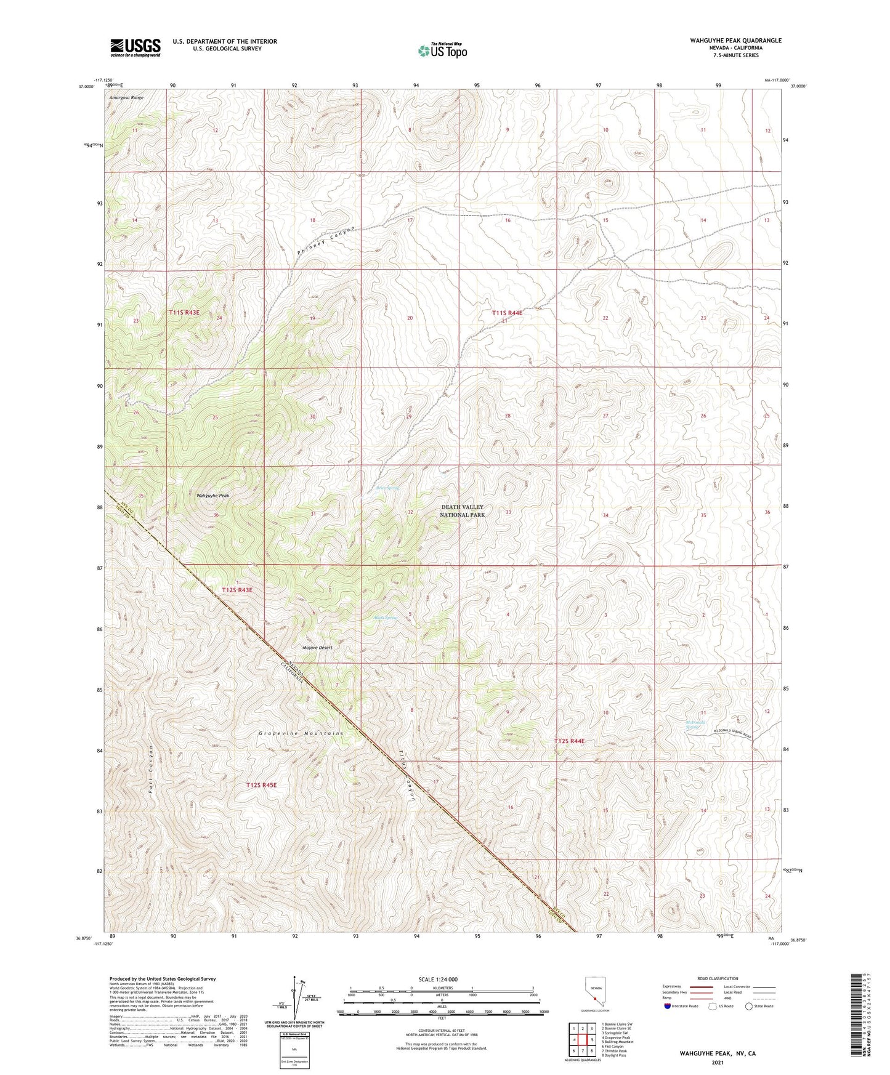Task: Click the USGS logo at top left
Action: point(136,47)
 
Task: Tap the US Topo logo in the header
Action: point(442,50)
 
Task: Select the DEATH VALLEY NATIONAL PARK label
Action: point(463,510)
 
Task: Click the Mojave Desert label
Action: point(317,648)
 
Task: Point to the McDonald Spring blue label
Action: point(695,725)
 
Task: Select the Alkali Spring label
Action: point(386,618)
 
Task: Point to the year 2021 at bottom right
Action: point(717,1063)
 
